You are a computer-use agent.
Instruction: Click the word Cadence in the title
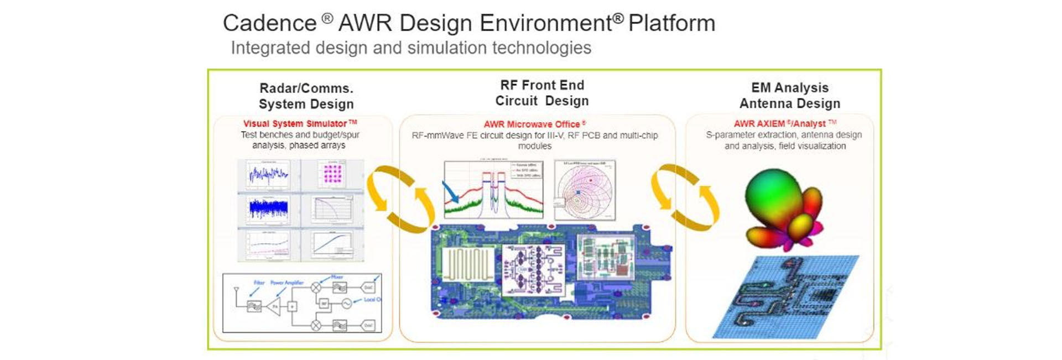pyautogui.click(x=269, y=23)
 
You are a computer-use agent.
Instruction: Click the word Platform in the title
pyautogui.click(x=671, y=23)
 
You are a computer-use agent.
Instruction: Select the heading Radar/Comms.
pyautogui.click(x=306, y=88)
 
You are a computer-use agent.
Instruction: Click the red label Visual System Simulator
pyautogui.click(x=295, y=124)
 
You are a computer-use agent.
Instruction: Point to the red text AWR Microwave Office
pyautogui.click(x=532, y=124)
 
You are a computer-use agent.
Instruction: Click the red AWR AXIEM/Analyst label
pyautogui.click(x=780, y=124)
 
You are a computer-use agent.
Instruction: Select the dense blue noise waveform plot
pyautogui.click(x=268, y=209)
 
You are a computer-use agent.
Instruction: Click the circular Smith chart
pyautogui.click(x=585, y=191)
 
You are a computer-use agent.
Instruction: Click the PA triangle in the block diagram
pyautogui.click(x=274, y=306)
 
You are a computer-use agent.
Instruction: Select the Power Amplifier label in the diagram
pyautogui.click(x=287, y=283)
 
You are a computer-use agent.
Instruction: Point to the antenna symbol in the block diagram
pyautogui.click(x=237, y=289)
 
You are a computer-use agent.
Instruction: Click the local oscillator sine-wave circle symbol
pyautogui.click(x=347, y=304)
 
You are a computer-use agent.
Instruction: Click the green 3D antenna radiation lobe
pyautogui.click(x=771, y=194)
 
